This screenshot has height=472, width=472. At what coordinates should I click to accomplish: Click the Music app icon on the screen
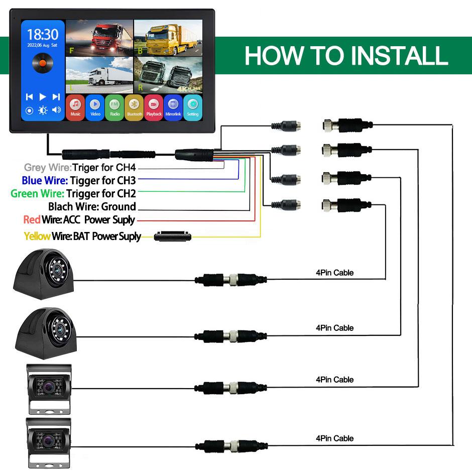pos(75,106)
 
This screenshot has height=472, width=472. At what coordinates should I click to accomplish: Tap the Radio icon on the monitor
pos(114,106)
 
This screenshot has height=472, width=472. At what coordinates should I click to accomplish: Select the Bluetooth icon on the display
pos(134,106)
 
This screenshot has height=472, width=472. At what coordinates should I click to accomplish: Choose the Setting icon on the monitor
pos(193,106)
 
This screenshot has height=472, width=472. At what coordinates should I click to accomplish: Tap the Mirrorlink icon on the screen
pos(173,106)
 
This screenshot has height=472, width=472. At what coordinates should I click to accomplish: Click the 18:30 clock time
pos(43,35)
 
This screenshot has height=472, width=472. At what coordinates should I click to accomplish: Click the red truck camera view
pos(99,38)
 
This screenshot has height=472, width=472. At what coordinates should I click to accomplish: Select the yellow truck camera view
pos(168,38)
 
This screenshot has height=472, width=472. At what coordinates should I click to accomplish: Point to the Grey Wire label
pos(47,168)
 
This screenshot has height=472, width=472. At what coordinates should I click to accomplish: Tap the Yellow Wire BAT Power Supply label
pos(82,236)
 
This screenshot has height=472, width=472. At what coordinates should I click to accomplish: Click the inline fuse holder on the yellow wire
pos(174,235)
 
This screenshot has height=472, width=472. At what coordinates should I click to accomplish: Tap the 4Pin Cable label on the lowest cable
pos(334,438)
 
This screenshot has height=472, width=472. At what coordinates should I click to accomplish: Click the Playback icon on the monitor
pos(154,106)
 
